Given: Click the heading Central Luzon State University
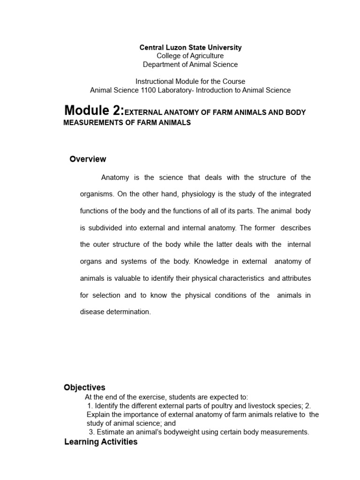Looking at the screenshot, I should point(190,47).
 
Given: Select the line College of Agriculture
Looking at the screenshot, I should point(190,56).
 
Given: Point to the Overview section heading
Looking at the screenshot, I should point(88,159).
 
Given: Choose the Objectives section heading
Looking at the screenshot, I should point(84,388).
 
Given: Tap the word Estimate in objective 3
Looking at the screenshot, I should point(111,432).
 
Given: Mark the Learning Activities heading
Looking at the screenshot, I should point(101,442).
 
